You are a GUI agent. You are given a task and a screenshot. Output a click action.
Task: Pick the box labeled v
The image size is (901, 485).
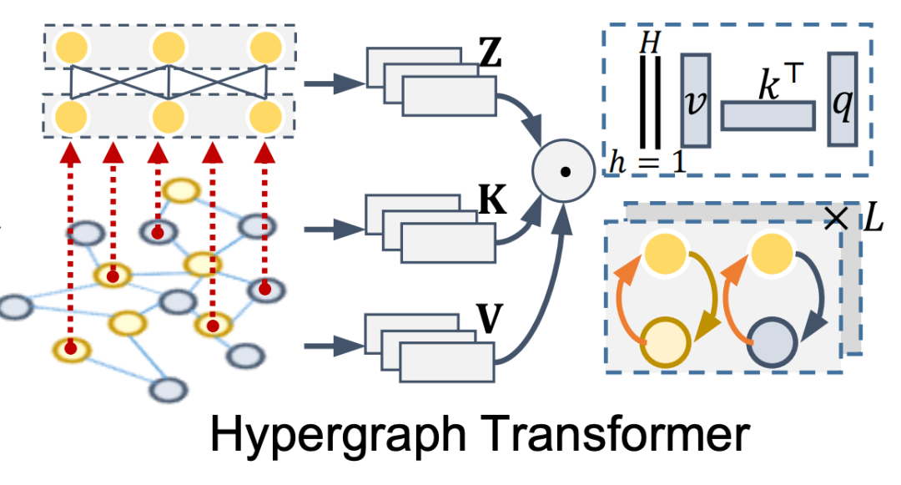tap(695, 99)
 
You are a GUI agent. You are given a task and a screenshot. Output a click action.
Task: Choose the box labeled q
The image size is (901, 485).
tap(843, 99)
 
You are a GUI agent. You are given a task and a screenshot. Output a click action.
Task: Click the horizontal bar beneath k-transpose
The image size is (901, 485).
tap(768, 115)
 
